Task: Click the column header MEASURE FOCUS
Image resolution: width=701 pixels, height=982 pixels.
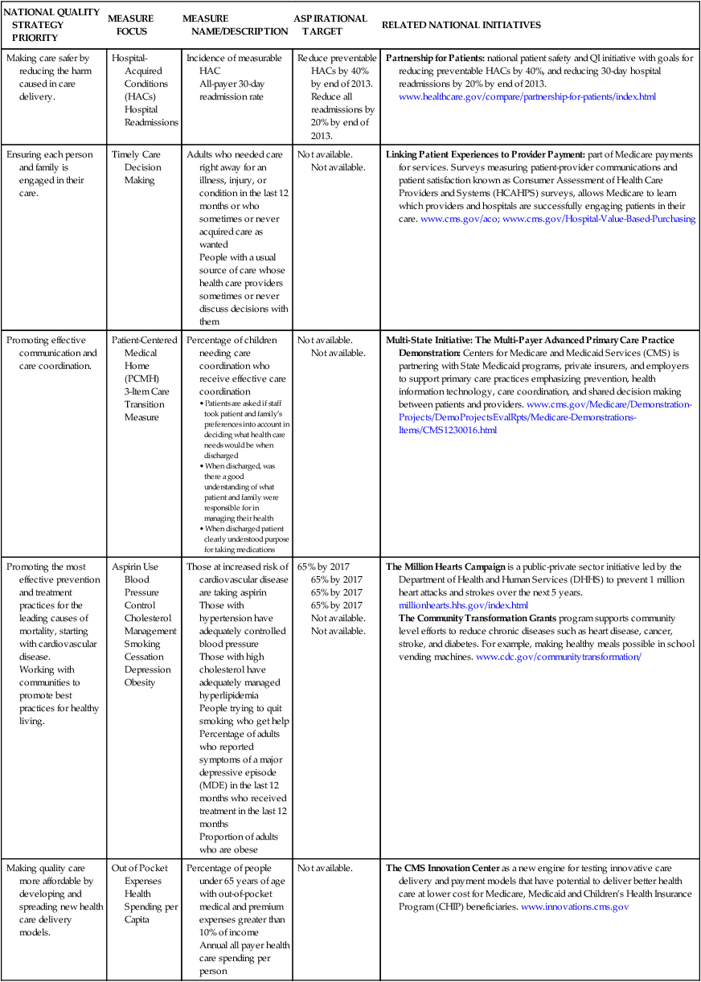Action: pos(132,25)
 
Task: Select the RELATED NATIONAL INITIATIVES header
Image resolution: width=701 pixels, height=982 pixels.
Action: pos(461,25)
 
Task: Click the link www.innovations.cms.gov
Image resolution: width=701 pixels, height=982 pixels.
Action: pos(575,906)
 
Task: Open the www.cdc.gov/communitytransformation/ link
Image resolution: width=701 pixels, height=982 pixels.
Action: pos(559,657)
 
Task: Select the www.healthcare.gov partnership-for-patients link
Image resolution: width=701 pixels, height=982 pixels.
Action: pos(527,96)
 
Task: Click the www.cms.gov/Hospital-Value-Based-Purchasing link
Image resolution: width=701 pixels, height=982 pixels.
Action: pos(599,219)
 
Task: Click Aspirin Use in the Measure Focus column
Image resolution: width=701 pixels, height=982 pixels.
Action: pos(135,567)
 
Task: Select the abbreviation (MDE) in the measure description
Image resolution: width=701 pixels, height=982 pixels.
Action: pos(215,785)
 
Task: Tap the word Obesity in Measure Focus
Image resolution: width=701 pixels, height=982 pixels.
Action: pos(141,682)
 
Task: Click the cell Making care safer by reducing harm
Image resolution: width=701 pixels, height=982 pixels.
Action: pos(48,77)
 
